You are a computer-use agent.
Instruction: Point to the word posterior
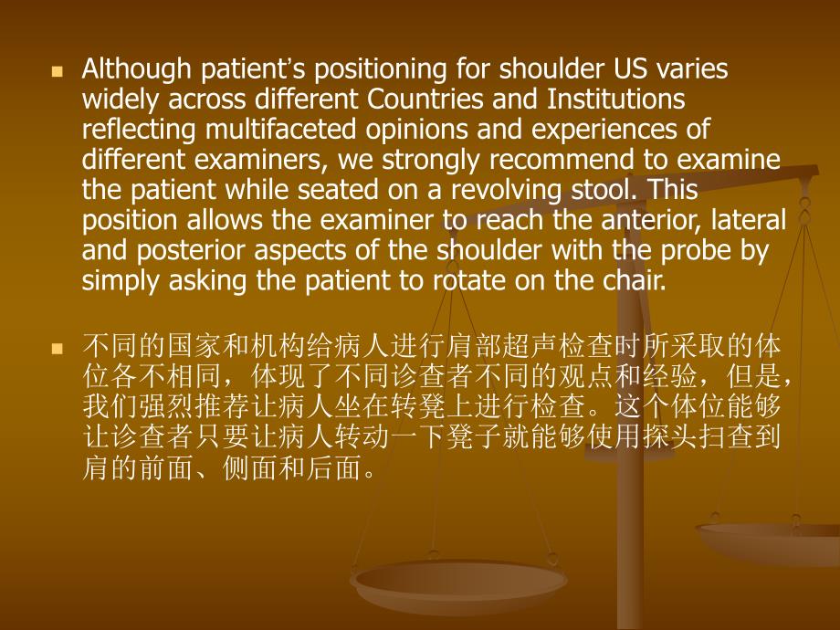coord(176,250)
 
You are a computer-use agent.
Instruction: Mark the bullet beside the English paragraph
coord(57,70)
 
